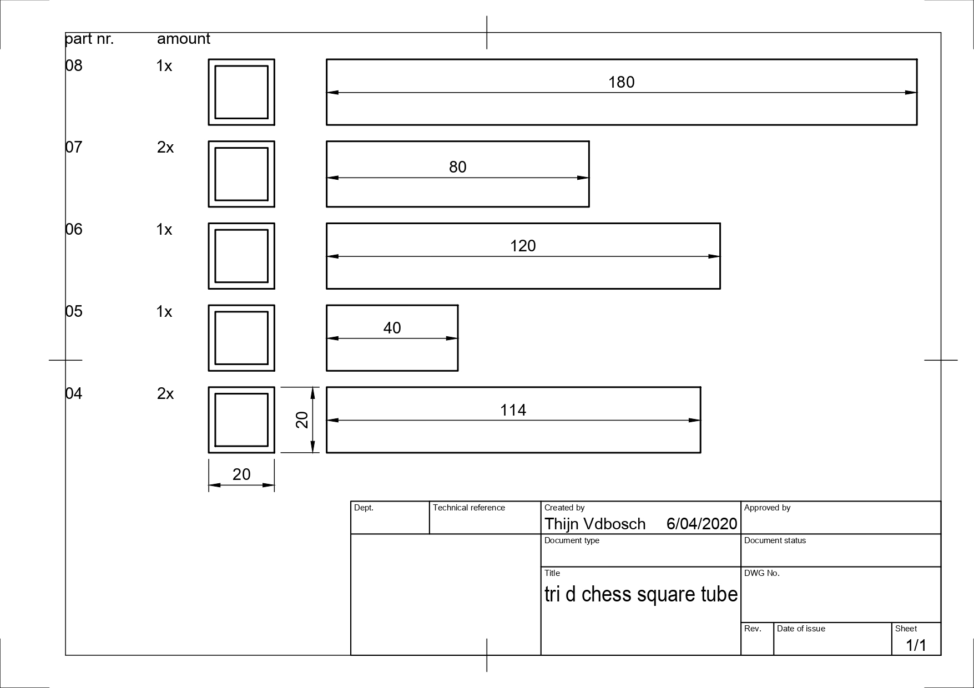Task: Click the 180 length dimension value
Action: point(621,82)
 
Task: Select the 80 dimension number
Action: point(457,167)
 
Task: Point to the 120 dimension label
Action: point(523,246)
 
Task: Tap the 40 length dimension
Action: point(392,328)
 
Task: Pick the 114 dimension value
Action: point(513,410)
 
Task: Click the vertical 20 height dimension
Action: point(302,419)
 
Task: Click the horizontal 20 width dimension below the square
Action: point(241,474)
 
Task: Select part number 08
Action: point(74,65)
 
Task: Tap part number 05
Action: point(74,311)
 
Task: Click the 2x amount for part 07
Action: point(165,148)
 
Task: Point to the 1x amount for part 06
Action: point(164,230)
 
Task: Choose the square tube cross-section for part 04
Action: point(241,420)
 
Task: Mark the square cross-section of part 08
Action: point(241,92)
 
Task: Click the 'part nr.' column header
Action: point(89,39)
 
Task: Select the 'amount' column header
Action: point(184,39)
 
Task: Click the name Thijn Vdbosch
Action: point(595,524)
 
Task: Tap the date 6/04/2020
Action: point(702,524)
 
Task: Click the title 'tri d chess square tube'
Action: point(641,594)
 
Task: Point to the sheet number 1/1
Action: point(916,645)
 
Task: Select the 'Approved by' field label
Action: point(767,508)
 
